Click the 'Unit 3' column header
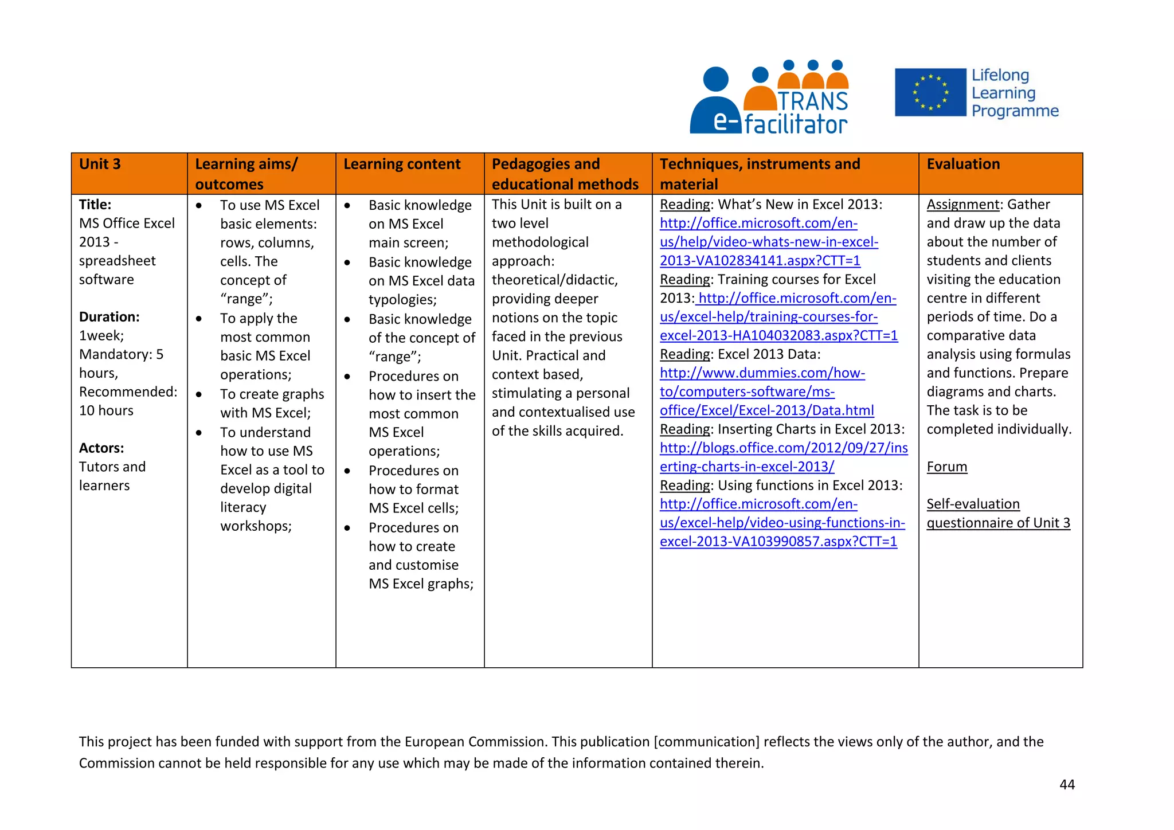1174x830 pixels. pos(100,165)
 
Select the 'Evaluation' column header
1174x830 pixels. pos(963,165)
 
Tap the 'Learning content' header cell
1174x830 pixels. pos(402,165)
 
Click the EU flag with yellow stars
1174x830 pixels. pos(930,92)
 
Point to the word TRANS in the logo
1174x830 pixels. pos(813,101)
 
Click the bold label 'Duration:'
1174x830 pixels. pos(109,317)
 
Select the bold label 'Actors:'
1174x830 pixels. pos(101,448)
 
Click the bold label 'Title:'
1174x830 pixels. pos(95,205)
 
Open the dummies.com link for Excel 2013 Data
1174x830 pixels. pos(762,392)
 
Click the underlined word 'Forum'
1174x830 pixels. pos(946,467)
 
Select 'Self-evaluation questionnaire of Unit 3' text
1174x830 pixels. pos(998,514)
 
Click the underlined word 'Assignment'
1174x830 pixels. pos(963,205)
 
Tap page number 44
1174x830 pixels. pos(1067,785)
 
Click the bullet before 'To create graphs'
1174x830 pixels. pos(199,394)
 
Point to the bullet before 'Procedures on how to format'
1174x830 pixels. pos(347,471)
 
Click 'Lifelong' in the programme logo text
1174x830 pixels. pos(1000,76)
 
